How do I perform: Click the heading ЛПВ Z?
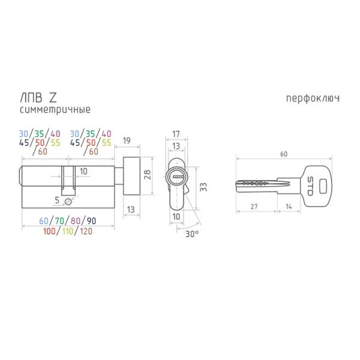(38, 98)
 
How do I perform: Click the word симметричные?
(55, 110)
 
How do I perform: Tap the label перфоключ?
(313, 99)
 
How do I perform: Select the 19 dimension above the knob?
(127, 140)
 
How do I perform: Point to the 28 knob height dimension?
(147, 175)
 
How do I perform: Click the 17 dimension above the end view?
(176, 134)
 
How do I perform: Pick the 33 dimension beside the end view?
(203, 187)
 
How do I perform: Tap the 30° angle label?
(192, 234)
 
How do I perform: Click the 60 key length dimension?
(284, 154)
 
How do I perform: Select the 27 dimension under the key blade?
(254, 206)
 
